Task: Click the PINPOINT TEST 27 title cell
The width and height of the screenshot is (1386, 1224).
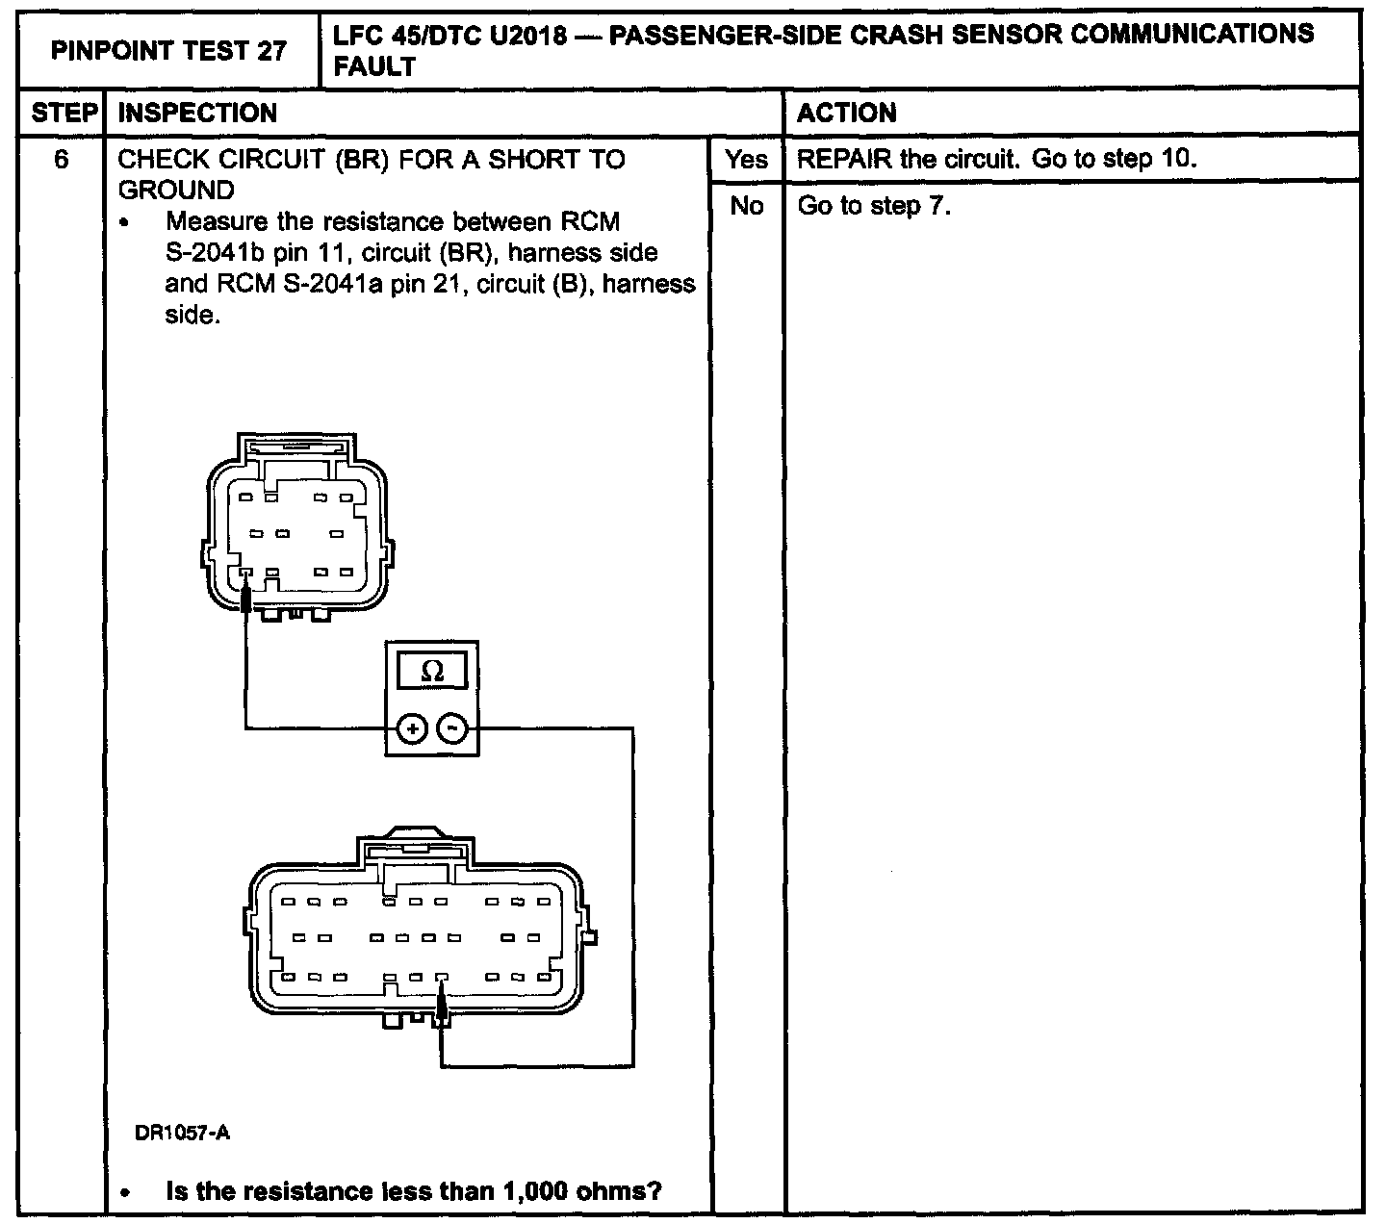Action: (x=168, y=50)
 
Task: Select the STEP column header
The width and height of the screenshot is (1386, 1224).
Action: (x=64, y=114)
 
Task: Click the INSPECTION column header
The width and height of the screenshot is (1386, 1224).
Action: (x=197, y=114)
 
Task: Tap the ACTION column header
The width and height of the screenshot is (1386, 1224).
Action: (x=847, y=114)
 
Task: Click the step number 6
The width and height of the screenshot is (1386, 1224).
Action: (x=62, y=160)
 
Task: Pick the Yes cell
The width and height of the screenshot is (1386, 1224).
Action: (x=747, y=160)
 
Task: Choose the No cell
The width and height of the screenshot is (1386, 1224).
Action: (x=747, y=206)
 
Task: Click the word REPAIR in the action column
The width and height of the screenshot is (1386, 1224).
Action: (x=844, y=160)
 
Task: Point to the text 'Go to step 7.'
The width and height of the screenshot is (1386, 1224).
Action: (x=874, y=206)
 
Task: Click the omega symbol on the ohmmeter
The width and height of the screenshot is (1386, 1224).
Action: (x=432, y=672)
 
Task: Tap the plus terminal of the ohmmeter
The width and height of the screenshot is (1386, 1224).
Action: (x=412, y=729)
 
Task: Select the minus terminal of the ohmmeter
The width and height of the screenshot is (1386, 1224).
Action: (x=452, y=729)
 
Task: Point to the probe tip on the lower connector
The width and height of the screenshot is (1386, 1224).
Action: (x=442, y=1007)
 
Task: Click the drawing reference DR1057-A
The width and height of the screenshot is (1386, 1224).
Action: (x=182, y=1134)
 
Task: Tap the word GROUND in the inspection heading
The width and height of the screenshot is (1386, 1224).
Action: (x=176, y=190)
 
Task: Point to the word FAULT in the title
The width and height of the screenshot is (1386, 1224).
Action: (x=374, y=66)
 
